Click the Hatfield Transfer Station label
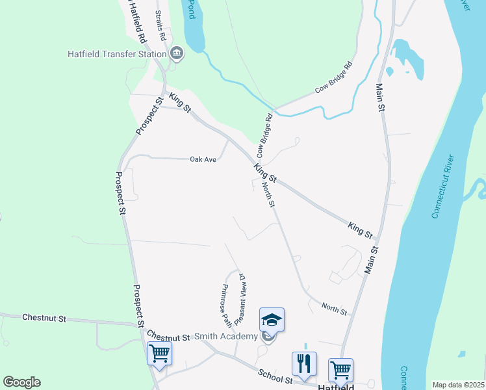point(117,54)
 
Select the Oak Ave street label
point(203,159)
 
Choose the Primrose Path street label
point(225,305)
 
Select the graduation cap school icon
point(272,319)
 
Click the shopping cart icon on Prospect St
point(160,354)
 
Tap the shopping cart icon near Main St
point(340,370)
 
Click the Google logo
point(21,382)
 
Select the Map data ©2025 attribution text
point(458,384)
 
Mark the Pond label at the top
point(190,8)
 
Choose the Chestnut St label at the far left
point(44,318)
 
